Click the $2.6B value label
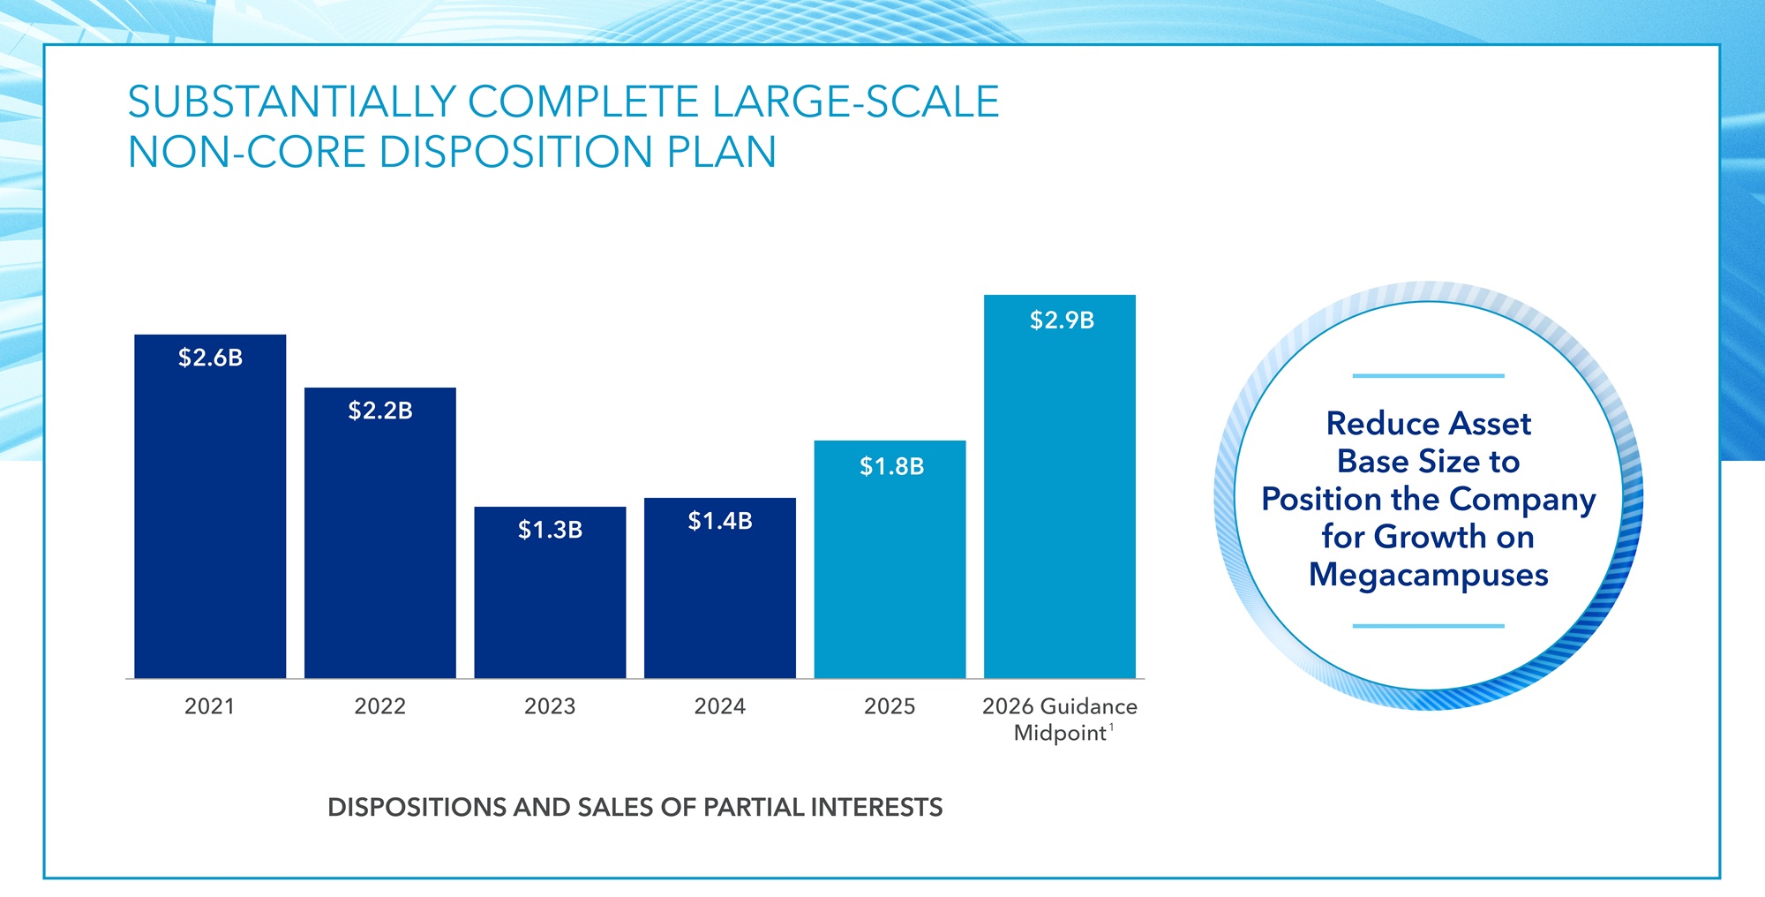click(210, 358)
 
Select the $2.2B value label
click(380, 411)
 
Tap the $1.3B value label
click(550, 530)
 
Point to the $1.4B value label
click(720, 521)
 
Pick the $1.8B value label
click(891, 466)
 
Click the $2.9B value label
click(1062, 320)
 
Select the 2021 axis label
click(209, 706)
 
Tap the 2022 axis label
click(379, 706)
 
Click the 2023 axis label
click(550, 706)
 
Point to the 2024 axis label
click(720, 706)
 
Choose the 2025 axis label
click(890, 706)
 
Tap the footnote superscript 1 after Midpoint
click(1112, 727)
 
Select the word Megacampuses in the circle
click(1428, 576)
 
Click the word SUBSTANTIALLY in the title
click(291, 102)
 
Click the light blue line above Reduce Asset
click(1428, 376)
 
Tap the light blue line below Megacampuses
click(1428, 626)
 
